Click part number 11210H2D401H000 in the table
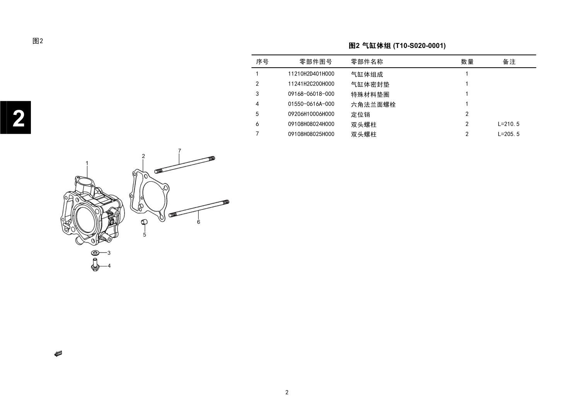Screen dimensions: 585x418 pos(311,74)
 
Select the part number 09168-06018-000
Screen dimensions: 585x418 pos(311,94)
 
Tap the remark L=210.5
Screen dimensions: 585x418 pos(508,124)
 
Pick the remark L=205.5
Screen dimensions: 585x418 pos(508,134)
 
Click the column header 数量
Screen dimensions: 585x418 pos(467,62)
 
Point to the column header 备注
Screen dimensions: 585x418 pos(509,62)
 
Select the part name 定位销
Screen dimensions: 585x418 pos(360,114)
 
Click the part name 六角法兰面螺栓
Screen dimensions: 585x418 pos(373,104)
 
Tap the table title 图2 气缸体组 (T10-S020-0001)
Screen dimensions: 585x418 pos(397,46)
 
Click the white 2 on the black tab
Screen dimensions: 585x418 pos(19,118)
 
